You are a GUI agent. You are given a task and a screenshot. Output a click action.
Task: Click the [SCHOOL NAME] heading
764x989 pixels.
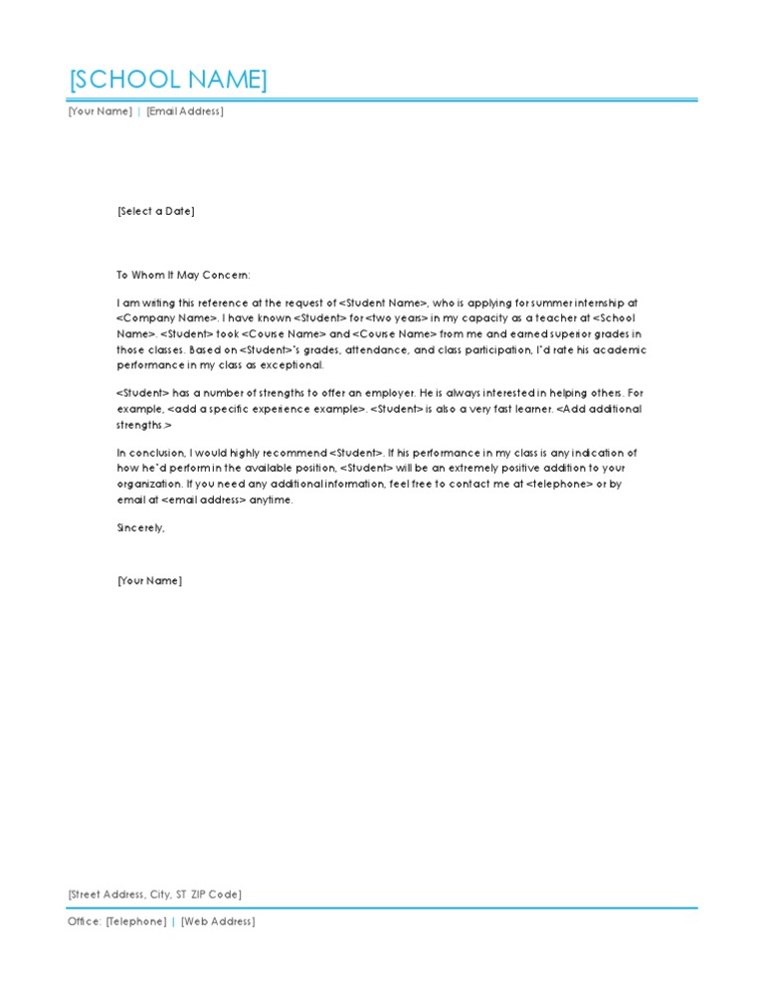[167, 81]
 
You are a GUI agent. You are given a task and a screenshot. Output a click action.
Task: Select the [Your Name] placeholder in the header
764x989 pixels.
[99, 111]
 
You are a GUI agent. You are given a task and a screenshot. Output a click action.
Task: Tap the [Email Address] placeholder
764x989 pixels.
[185, 111]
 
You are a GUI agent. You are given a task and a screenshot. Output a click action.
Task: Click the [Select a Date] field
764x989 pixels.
[155, 211]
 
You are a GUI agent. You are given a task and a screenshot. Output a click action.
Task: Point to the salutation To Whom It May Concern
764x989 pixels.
[184, 276]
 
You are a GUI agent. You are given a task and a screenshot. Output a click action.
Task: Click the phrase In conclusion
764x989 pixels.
[149, 453]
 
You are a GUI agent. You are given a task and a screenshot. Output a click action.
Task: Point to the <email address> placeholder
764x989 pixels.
[204, 500]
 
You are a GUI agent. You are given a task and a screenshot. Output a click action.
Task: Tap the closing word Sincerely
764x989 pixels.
[140, 528]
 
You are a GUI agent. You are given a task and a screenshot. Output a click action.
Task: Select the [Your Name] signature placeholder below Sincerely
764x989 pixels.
[149, 581]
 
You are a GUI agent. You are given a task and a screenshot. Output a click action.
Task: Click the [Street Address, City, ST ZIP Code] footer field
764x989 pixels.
[154, 895]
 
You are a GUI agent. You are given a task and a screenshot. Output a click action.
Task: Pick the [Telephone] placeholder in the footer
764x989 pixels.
[136, 921]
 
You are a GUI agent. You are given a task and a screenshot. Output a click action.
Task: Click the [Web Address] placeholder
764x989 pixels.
[218, 921]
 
